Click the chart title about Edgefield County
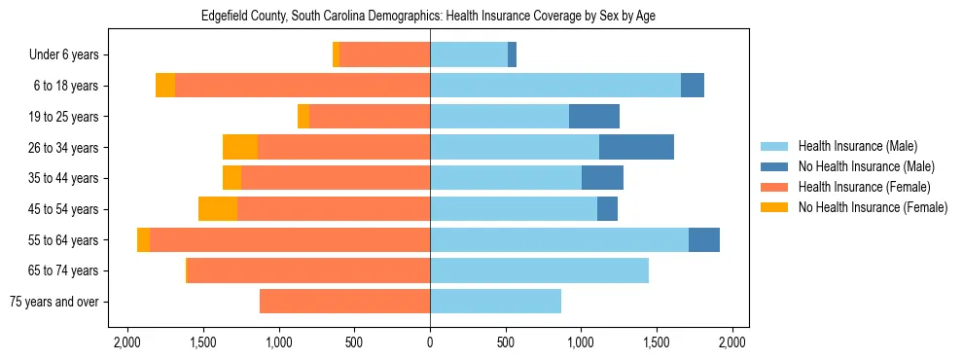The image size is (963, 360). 429,17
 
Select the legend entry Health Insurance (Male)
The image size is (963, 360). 857,146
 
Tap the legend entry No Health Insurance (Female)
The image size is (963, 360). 872,207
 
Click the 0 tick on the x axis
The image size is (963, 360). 430,342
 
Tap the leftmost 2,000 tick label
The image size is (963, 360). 127,342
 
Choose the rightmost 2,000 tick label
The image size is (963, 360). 732,342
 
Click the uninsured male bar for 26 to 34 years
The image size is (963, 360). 636,148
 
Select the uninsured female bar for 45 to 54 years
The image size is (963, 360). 218,209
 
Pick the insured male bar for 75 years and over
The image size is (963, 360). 495,302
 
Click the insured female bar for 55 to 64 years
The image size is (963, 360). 290,240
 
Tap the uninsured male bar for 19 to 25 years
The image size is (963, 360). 594,117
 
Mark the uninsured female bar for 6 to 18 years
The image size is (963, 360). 165,86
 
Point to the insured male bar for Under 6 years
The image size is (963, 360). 469,55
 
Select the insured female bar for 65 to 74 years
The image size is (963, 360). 308,270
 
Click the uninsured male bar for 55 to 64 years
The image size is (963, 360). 704,240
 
